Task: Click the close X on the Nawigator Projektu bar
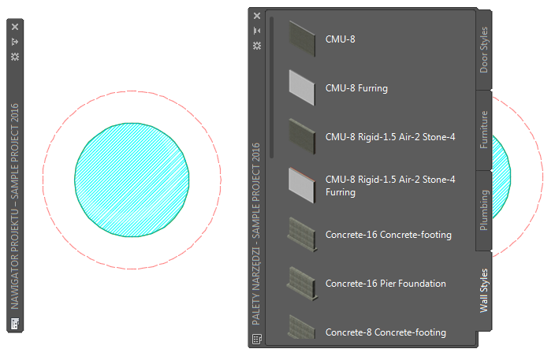pos(15,26)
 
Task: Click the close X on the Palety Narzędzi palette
pos(256,16)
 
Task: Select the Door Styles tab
pos(484,50)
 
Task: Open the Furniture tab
pos(484,130)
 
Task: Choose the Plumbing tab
pos(484,210)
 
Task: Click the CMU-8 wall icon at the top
pos(301,37)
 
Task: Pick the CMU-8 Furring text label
pos(356,88)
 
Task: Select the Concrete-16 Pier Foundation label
pos(386,284)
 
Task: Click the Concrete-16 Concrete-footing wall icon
pos(301,234)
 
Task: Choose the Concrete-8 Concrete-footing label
pos(386,332)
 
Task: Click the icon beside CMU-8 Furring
pos(301,86)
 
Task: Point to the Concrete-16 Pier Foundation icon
pos(301,282)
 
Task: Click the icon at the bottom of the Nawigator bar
pos(15,323)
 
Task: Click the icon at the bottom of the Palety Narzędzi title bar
pos(256,339)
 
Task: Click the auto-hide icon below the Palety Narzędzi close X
pos(256,31)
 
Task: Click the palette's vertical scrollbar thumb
pos(271,87)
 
